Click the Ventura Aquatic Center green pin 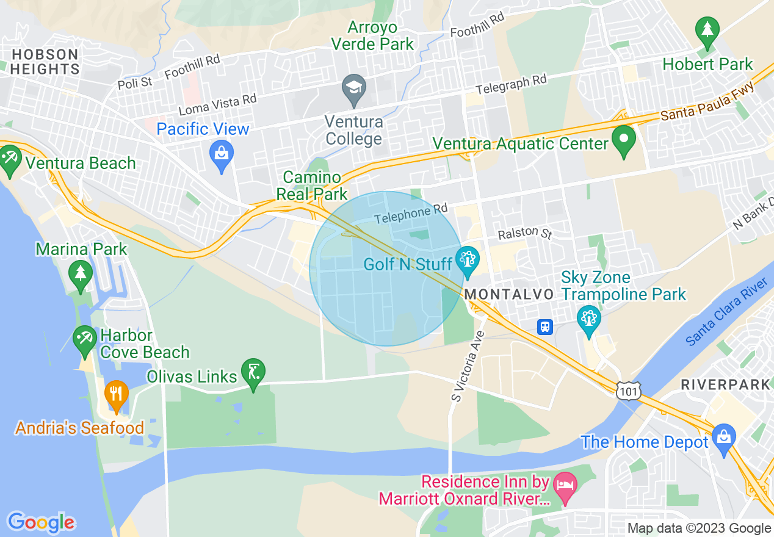(x=624, y=140)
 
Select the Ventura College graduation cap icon (x=353, y=89)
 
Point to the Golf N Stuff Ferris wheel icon (x=468, y=261)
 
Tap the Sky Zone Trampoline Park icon (x=588, y=320)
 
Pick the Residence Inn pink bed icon (x=565, y=486)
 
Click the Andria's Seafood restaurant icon (x=116, y=395)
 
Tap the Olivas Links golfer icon (x=253, y=372)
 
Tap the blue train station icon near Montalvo (x=545, y=326)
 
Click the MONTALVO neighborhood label (x=509, y=294)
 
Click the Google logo (x=41, y=522)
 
